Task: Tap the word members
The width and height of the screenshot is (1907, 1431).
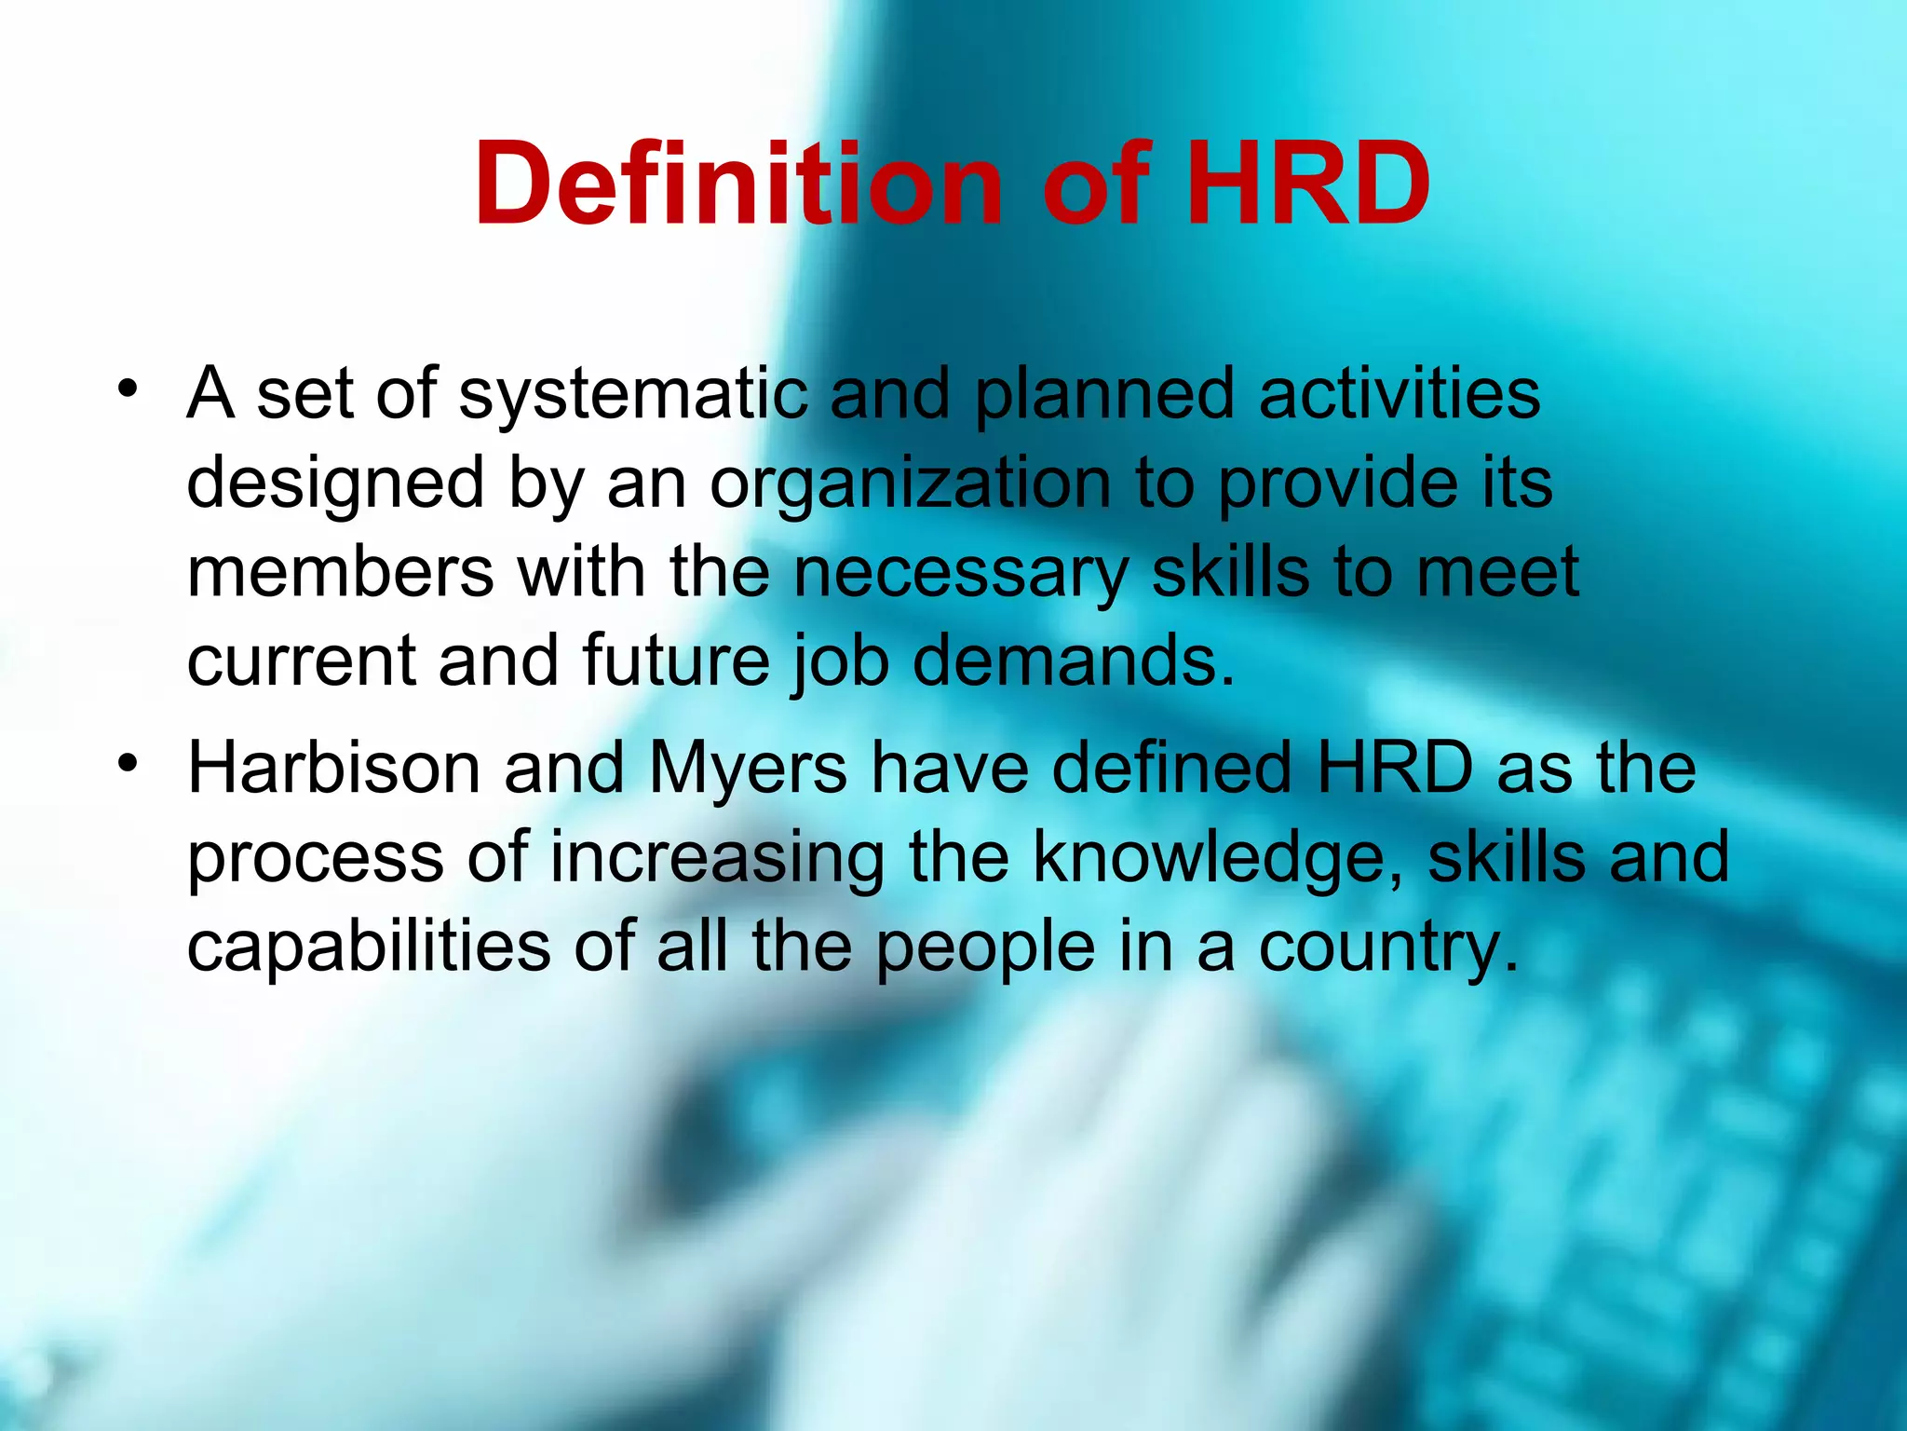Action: tap(341, 573)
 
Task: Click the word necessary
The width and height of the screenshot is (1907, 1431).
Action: tap(960, 573)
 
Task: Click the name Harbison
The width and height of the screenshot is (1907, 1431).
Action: tap(333, 770)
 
